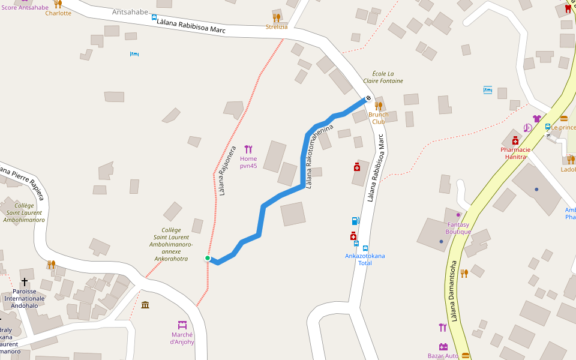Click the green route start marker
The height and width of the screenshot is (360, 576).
(208, 258)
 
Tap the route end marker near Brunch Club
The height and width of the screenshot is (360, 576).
(368, 98)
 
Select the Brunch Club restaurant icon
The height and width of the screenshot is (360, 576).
(379, 106)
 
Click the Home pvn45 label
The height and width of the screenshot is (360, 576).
(248, 162)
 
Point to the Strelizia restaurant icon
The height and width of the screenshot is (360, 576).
(277, 18)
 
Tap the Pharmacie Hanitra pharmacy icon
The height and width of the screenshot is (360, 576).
(515, 140)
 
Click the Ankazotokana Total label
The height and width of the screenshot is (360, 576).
(365, 259)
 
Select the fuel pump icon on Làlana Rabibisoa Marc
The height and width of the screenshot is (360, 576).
(356, 221)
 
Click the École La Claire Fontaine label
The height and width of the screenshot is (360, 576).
(383, 77)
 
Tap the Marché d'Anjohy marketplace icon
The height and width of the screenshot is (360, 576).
(182, 325)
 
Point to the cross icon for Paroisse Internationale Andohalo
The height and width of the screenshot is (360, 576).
(25, 281)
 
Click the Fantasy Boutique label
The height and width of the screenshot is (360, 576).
(458, 228)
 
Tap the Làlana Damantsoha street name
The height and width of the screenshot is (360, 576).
(454, 290)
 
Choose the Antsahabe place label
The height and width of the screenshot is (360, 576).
(130, 12)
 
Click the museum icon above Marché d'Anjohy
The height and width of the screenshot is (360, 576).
(145, 305)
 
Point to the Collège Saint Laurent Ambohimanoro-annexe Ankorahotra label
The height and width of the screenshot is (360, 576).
(171, 244)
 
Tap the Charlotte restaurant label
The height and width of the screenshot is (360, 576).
(58, 13)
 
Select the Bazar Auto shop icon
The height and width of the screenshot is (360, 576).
(443, 347)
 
